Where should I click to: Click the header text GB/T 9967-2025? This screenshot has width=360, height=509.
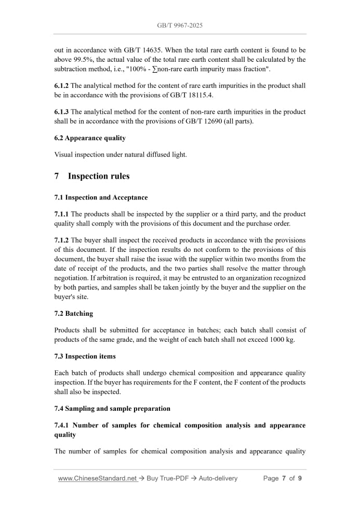180,25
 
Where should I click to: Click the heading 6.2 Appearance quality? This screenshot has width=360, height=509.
90,138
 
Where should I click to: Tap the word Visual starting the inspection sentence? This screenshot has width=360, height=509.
64,154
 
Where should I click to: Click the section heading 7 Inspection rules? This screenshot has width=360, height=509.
92,176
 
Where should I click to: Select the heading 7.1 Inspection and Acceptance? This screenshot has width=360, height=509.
101,197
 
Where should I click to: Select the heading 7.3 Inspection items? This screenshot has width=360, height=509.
85,356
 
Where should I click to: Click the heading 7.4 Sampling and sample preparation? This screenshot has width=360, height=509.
112,408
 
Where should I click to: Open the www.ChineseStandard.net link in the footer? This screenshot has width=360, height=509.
97,478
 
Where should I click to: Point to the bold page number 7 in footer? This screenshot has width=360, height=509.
284,478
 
